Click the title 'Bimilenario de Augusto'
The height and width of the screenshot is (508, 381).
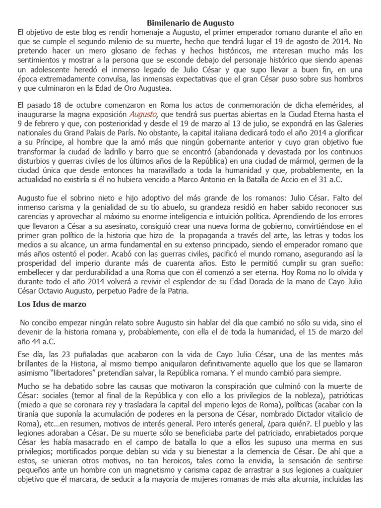pyautogui.click(x=191, y=23)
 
